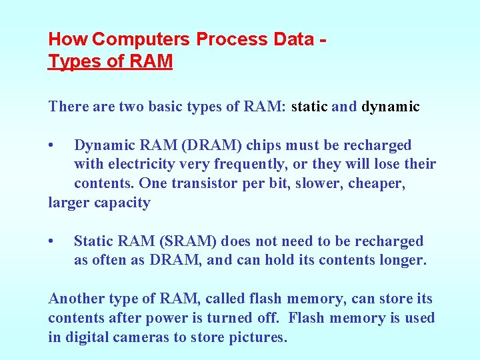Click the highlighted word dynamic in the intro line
click(x=391, y=107)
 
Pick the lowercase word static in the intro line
click(x=310, y=107)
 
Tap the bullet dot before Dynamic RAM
click(x=51, y=145)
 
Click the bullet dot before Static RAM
click(x=51, y=241)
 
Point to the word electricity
click(x=144, y=164)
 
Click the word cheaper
click(x=375, y=183)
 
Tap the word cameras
click(x=141, y=337)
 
